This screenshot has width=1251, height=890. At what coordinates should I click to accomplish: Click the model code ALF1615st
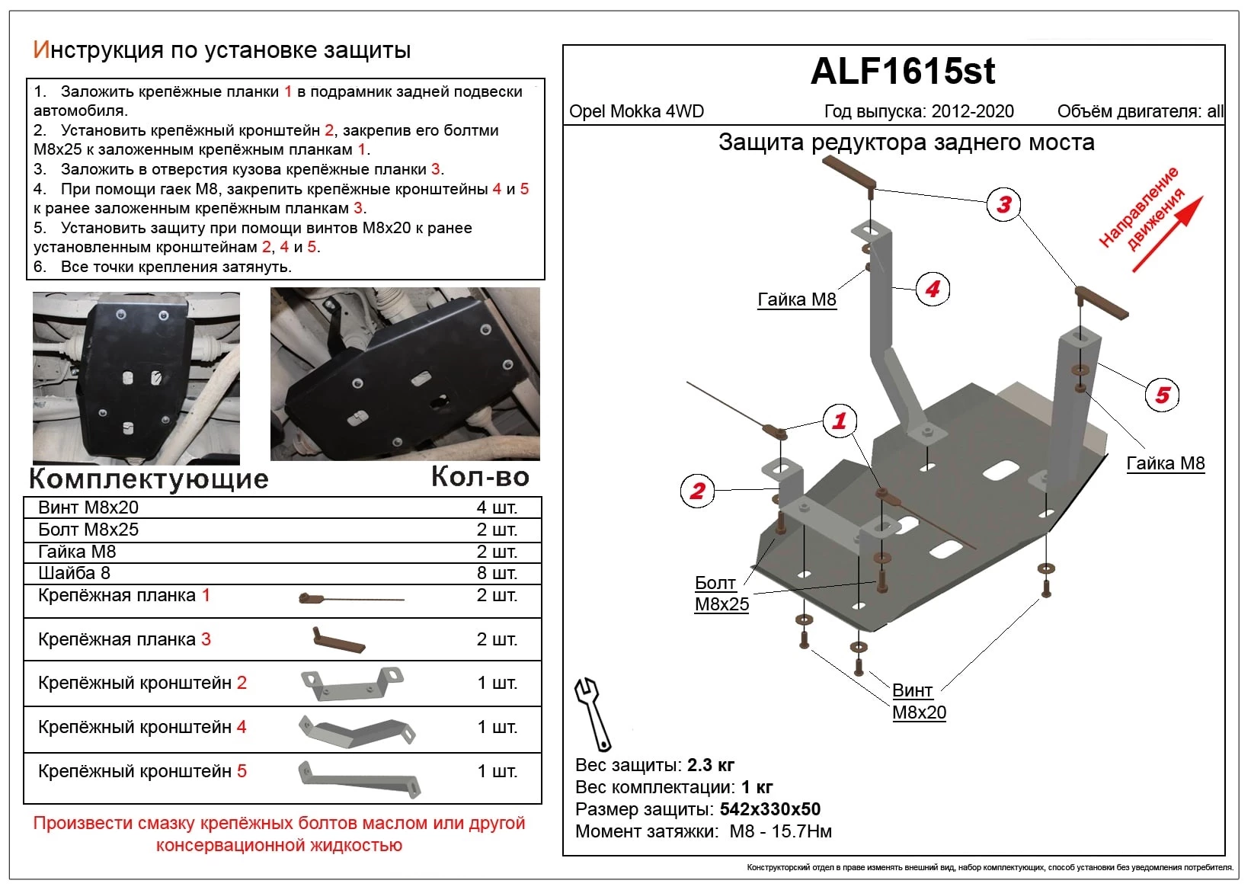903,72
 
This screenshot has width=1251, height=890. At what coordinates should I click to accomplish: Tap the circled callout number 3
1004,204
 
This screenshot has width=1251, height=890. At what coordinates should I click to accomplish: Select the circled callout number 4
933,289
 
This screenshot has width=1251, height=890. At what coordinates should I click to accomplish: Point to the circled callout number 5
1162,395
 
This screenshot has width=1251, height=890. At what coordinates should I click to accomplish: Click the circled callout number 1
840,420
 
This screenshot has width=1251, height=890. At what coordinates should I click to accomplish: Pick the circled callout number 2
697,491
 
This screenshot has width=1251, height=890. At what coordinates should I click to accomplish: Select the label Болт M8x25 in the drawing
721,594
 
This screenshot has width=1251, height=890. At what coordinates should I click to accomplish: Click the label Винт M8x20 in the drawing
919,702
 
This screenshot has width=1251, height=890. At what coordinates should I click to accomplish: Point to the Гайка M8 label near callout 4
797,299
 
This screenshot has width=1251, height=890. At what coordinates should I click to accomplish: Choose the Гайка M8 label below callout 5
1165,463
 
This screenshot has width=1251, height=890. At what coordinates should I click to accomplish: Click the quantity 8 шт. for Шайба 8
497,573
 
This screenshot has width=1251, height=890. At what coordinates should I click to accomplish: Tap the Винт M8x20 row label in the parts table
88,507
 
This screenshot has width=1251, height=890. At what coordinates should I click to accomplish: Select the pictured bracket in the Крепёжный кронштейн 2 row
351,683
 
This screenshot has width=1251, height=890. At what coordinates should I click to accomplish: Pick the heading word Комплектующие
149,479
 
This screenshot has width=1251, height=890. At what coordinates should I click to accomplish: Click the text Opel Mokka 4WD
636,111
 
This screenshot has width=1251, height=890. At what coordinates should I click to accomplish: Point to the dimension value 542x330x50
769,809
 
